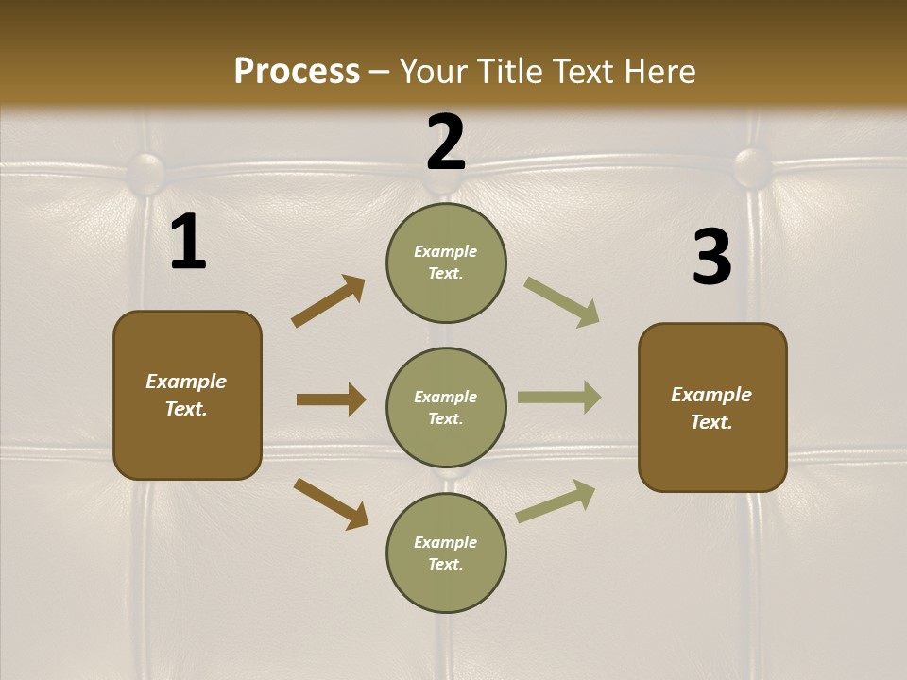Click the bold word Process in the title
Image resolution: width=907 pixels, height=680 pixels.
point(297,71)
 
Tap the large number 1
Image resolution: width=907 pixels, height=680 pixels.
point(188,243)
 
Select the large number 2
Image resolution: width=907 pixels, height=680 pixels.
point(446,143)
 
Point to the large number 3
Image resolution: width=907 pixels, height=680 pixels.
point(711,258)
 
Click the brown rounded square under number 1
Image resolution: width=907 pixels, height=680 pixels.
point(187,395)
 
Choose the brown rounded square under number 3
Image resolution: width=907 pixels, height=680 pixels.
point(712,407)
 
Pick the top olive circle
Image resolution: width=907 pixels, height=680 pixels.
point(446,263)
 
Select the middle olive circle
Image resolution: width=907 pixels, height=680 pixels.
point(446,407)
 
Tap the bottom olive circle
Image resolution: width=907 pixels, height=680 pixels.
point(446,552)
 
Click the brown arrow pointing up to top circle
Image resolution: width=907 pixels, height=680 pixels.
point(329,300)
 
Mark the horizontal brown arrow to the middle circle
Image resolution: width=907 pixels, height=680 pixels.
point(331,399)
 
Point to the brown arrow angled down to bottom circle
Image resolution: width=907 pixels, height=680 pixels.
point(331,503)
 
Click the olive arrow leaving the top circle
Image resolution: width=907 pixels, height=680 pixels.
point(561,302)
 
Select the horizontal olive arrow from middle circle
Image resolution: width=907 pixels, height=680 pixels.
point(559,398)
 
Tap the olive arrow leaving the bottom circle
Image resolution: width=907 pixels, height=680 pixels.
point(556,501)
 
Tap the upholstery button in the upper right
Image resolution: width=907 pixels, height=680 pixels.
point(753,166)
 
